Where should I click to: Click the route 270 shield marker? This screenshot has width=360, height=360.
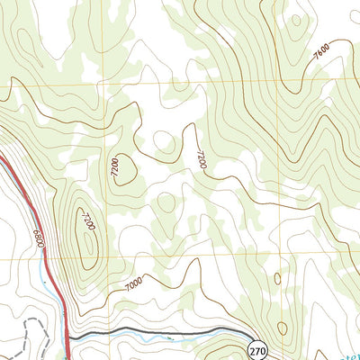[x=258, y=350]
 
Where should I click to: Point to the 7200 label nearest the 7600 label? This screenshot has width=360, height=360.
[x=201, y=160]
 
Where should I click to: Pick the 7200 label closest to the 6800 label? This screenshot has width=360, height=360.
[x=86, y=220]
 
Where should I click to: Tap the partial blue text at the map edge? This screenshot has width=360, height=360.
[x=351, y=351]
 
